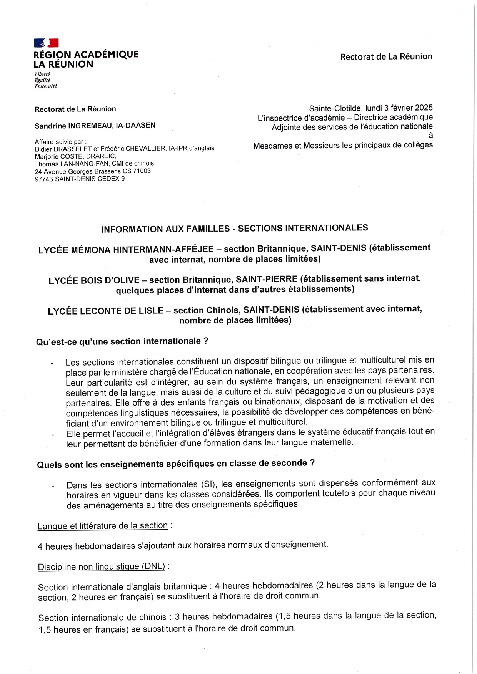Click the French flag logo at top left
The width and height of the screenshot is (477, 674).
pyautogui.click(x=46, y=43)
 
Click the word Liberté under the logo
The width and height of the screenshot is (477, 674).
pyautogui.click(x=42, y=74)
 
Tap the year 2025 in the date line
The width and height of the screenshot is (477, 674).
pyautogui.click(x=424, y=108)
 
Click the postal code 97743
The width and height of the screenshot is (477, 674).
pyautogui.click(x=44, y=179)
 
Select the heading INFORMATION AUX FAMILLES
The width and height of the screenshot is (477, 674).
pyautogui.click(x=165, y=229)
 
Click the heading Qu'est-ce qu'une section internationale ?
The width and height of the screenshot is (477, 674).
pyautogui.click(x=122, y=341)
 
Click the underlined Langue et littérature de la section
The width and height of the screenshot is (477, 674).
pyautogui.click(x=102, y=526)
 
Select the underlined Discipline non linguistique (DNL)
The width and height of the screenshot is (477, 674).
pyautogui.click(x=101, y=566)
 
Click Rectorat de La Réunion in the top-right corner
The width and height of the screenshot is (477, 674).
pyautogui.click(x=386, y=57)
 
